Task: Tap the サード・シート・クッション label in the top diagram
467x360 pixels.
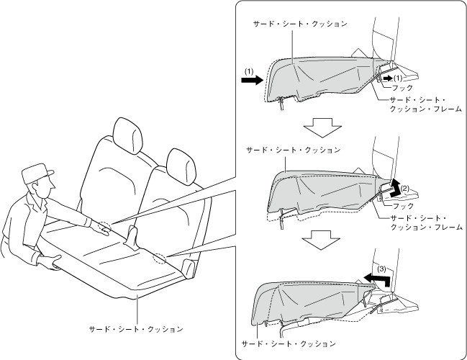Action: [299, 24]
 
